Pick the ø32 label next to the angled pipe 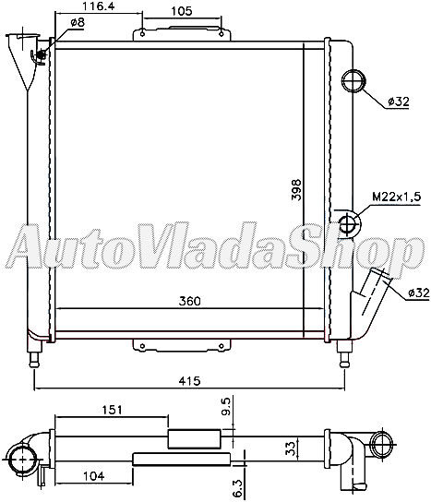pos(416,293)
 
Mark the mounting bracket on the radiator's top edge pos(182,34)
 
